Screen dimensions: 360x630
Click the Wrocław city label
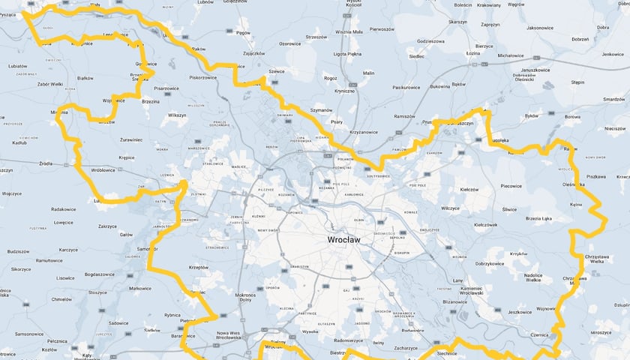pos(344,239)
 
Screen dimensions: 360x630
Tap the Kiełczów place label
pos(469,190)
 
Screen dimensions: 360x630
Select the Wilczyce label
pos(450,208)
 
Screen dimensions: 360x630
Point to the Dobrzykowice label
pos(490,264)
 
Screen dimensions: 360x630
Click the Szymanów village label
pos(320,110)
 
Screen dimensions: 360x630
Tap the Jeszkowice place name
pos(520,312)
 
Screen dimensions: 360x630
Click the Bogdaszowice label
pos(99,274)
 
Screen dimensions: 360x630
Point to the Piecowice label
pos(511,185)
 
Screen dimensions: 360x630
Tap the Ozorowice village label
pos(289,44)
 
